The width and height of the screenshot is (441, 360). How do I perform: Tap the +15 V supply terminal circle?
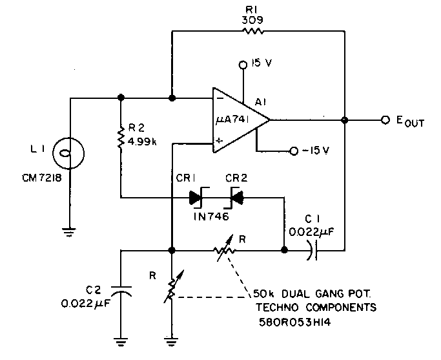(x=243, y=65)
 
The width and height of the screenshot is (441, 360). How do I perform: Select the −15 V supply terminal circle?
(x=294, y=151)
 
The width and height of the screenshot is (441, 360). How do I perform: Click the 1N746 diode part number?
(x=210, y=217)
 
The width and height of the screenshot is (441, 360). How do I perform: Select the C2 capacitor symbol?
(x=121, y=291)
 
